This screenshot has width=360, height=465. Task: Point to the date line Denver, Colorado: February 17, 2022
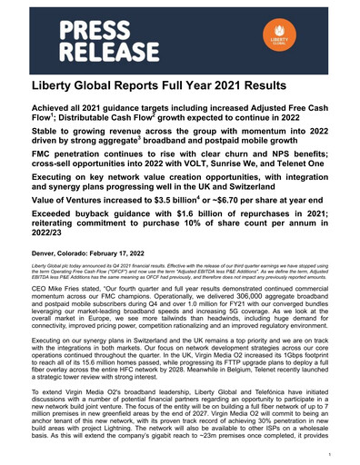coord(101,249)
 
